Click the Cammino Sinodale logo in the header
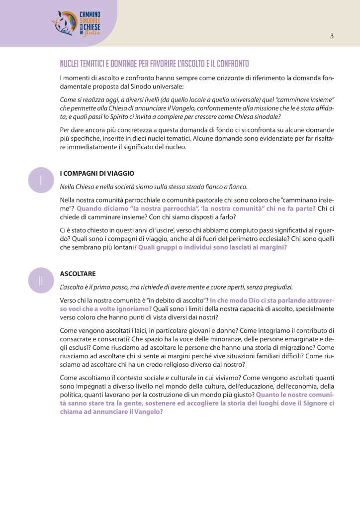coord(76,23)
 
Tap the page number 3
coord(332,36)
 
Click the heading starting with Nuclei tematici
coord(154,64)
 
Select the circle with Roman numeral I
coord(40,180)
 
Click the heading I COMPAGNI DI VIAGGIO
coord(97,173)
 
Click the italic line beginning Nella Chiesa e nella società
coord(153,187)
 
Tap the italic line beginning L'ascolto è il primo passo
coord(177,287)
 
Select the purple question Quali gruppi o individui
coord(212,246)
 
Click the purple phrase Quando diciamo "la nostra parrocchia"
coord(196,209)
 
